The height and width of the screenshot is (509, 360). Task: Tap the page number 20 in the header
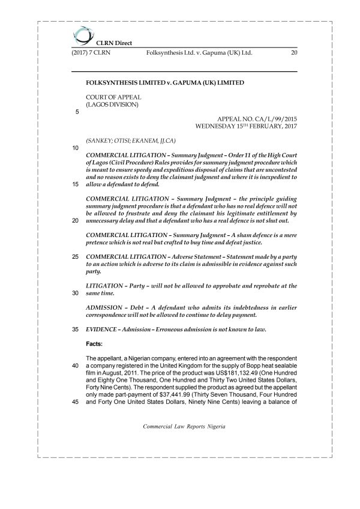(293, 53)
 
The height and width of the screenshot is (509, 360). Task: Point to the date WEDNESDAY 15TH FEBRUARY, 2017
(246, 127)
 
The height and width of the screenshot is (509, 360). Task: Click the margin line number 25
(76, 257)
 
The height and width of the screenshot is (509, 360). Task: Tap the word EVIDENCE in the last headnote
(104, 330)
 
